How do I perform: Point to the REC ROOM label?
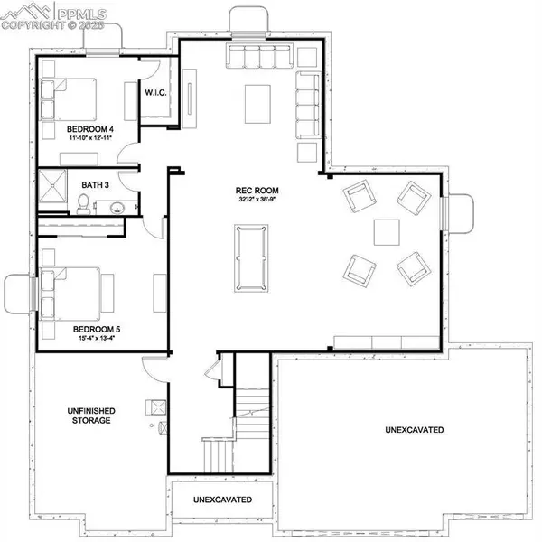(257, 191)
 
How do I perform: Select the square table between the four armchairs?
(387, 231)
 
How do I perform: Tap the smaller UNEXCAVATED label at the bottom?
(221, 500)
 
